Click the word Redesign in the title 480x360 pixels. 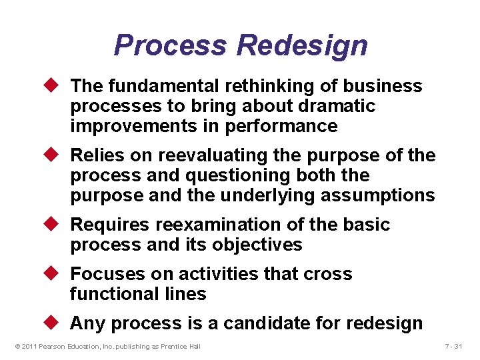302,46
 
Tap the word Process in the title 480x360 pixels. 171,46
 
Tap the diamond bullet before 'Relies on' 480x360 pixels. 55,155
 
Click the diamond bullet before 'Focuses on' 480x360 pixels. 55,274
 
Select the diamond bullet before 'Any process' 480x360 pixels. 55,323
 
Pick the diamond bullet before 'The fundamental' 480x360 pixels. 55,86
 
